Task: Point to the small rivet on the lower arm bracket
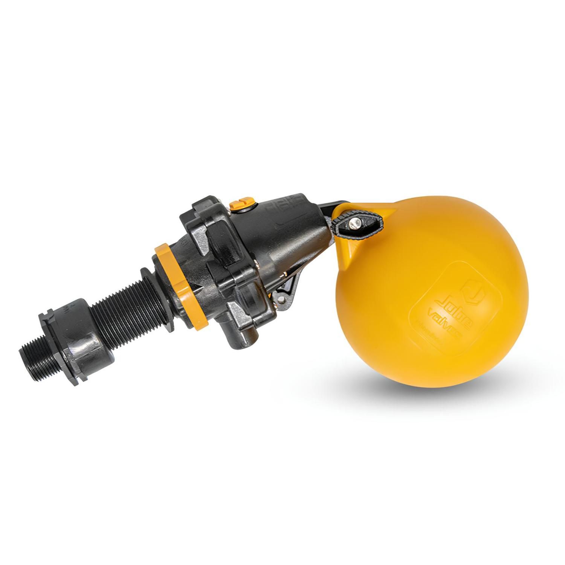coord(281,299)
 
